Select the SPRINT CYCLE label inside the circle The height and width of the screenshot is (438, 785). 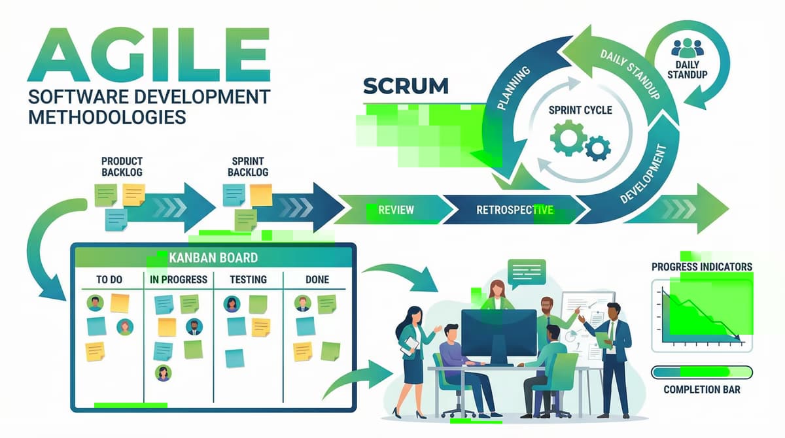[x=581, y=110]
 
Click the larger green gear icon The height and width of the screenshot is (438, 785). [x=566, y=139]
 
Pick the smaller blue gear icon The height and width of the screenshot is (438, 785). [x=597, y=148]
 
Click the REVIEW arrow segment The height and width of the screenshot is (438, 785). [x=396, y=210]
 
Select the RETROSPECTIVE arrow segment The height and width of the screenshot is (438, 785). [x=515, y=210]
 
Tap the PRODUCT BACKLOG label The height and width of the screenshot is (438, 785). [x=122, y=166]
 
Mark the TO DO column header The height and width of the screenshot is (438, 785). [x=109, y=280]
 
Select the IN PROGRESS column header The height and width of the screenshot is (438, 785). [x=179, y=280]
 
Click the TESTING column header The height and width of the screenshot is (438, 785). [x=249, y=280]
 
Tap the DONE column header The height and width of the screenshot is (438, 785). [x=317, y=280]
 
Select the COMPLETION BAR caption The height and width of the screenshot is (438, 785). [x=702, y=391]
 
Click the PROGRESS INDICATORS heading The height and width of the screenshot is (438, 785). [x=702, y=267]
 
